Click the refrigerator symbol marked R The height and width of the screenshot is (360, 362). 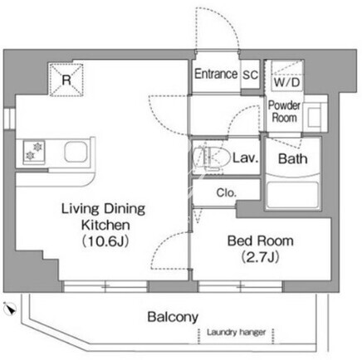[x=66, y=80]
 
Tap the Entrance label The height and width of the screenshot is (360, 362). [x=216, y=74]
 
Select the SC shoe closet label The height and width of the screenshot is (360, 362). [x=251, y=75]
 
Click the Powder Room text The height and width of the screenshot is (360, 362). [x=284, y=111]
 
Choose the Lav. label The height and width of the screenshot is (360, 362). [x=245, y=158]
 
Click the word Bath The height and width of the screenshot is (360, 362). [x=293, y=158]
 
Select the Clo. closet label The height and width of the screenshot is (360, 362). [x=227, y=192]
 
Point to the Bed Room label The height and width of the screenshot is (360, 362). [x=261, y=241]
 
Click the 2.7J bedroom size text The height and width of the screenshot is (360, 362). [x=261, y=257]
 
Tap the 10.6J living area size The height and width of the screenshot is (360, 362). [x=105, y=241]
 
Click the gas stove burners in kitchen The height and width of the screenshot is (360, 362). [x=34, y=151]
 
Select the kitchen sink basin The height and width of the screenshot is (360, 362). [x=76, y=152]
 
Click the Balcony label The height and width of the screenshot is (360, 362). [x=173, y=317]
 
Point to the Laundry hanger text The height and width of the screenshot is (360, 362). [x=236, y=332]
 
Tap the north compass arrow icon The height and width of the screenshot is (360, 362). [x=10, y=309]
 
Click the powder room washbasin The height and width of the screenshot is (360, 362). [x=314, y=116]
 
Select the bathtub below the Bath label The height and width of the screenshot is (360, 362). [x=292, y=195]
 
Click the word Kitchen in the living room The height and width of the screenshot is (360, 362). [x=105, y=225]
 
